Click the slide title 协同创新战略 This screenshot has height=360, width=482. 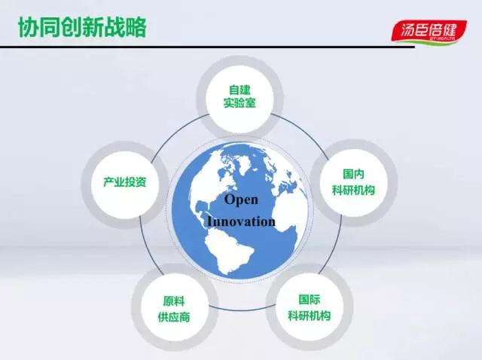pos(82,27)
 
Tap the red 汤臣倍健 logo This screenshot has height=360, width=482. pos(429,32)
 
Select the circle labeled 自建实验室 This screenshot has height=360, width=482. pos(239,97)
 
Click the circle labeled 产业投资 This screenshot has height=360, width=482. pos(124,185)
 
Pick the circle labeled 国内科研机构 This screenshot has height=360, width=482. pos(353,182)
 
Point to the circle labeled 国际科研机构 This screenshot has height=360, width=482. pos(310,307)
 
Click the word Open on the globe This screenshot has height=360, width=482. pos(241,200)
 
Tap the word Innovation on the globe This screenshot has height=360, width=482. pos(241,221)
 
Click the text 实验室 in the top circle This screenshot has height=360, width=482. pos(239,102)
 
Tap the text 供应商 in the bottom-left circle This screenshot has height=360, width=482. pos(174,316)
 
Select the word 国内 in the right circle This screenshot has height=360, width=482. pos(353,174)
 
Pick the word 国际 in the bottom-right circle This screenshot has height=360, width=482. pos(310,299)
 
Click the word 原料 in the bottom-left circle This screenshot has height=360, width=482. pos(174,301)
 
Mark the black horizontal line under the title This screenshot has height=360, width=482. pos(208,47)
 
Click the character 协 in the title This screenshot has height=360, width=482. pos(29,27)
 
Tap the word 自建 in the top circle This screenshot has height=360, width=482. pos(239,90)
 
